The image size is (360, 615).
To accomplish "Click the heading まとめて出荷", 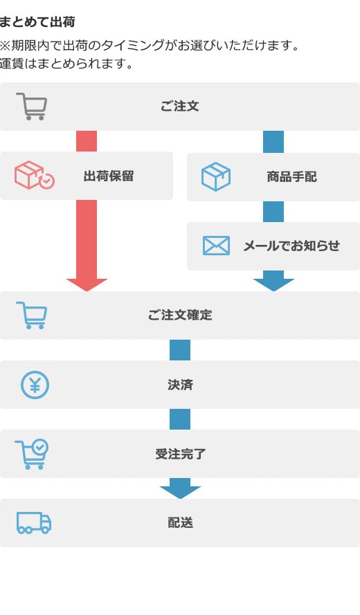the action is click(x=37, y=22).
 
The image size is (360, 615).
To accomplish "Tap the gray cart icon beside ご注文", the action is click(x=32, y=107).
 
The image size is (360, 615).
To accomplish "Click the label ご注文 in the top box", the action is click(x=180, y=107).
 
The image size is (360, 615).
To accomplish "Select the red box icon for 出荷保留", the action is click(x=35, y=175).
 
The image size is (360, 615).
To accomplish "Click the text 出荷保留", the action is click(x=109, y=176).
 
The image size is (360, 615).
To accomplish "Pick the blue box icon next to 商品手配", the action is click(x=216, y=176).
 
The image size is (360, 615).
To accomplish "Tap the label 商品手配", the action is click(x=291, y=177).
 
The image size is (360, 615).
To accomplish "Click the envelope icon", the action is click(x=216, y=246).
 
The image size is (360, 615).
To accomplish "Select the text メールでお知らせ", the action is click(x=291, y=246).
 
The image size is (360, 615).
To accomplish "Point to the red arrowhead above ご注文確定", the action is click(x=87, y=284).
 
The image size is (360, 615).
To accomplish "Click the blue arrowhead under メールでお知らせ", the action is click(x=273, y=284).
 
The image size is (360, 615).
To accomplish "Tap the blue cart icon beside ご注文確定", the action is click(x=32, y=315).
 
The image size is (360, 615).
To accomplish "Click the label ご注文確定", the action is click(x=180, y=315).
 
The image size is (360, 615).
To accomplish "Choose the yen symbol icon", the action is click(x=35, y=385).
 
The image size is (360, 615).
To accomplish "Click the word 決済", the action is click(x=180, y=385).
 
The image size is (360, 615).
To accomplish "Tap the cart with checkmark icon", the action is click(x=32, y=454).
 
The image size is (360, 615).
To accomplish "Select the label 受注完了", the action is click(x=180, y=455).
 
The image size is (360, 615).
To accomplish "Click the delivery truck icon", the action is click(x=34, y=523).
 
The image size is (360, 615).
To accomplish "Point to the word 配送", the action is click(x=180, y=523).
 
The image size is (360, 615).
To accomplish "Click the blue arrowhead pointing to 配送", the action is click(x=180, y=492).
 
